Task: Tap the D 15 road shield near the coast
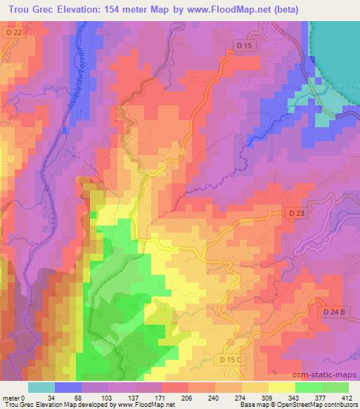pos(244,46)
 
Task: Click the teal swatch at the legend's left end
pos(41,388)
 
